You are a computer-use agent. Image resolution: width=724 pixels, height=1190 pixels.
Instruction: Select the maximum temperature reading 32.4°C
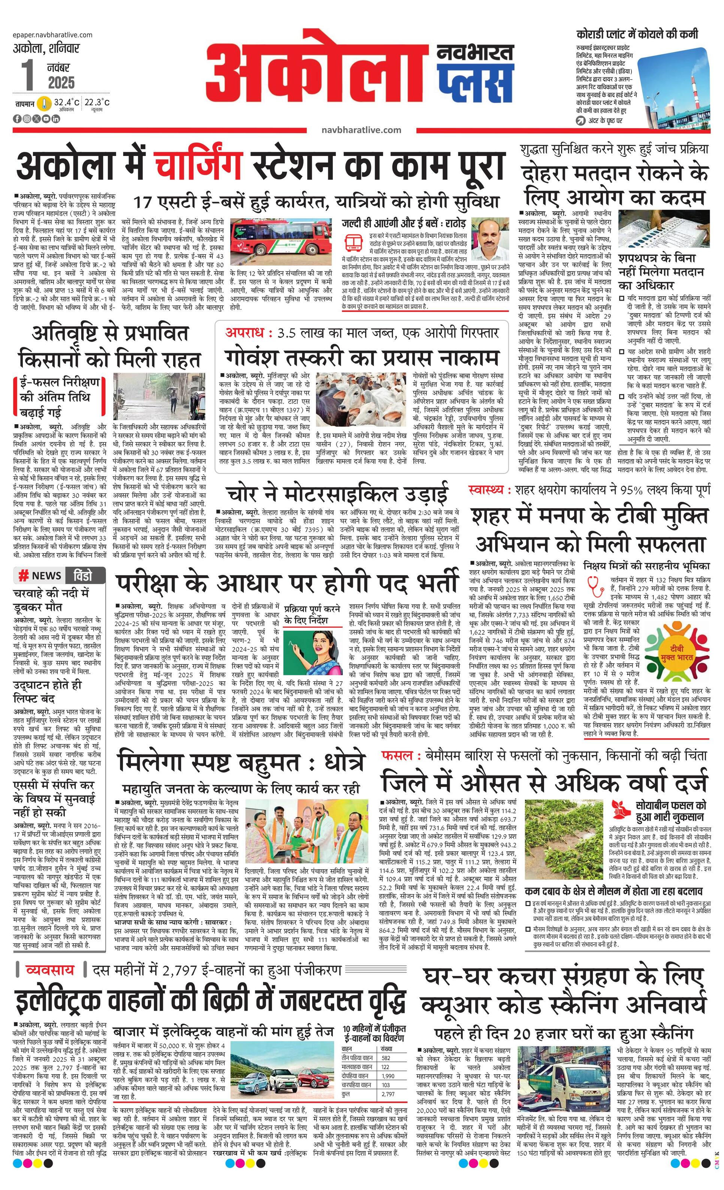tap(67, 102)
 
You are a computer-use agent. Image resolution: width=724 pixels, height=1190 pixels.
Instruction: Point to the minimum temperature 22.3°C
tap(97, 102)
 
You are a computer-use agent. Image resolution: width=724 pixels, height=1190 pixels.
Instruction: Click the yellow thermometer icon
tap(45, 104)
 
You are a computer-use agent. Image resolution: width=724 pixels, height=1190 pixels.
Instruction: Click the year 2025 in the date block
tap(61, 83)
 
